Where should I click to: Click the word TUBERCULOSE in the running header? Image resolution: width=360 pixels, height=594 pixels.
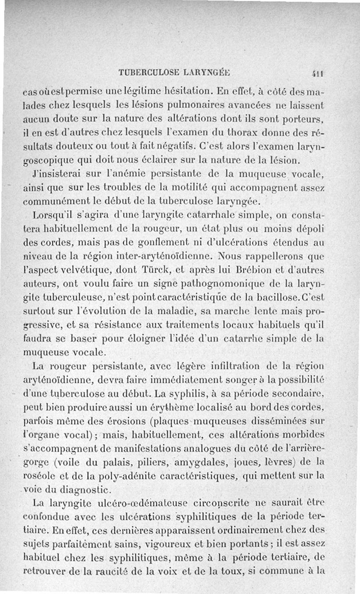(x=148, y=72)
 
